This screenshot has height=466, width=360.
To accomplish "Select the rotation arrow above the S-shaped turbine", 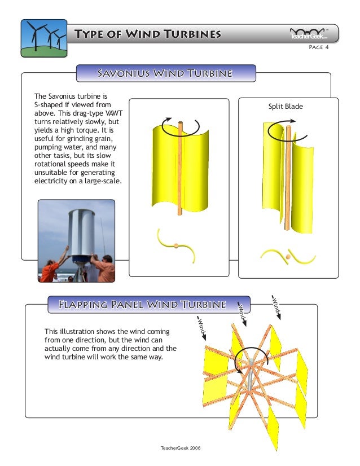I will tap(179, 127).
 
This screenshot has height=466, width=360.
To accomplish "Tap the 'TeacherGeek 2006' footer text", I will tap(181, 447).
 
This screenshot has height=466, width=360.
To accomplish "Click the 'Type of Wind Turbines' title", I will tap(148, 34).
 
